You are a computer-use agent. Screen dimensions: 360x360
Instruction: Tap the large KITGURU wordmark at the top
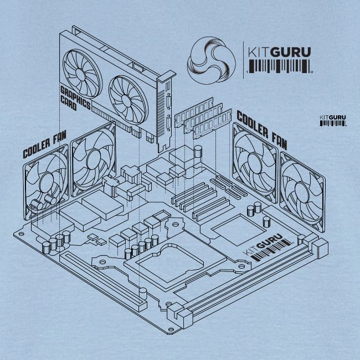[279, 52]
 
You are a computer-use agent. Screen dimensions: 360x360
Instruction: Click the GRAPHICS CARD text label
[75, 95]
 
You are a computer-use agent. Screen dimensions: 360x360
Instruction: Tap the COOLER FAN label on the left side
[44, 146]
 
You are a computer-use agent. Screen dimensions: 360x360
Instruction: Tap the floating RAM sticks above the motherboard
[202, 116]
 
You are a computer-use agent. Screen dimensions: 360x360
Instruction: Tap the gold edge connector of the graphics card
[114, 117]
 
